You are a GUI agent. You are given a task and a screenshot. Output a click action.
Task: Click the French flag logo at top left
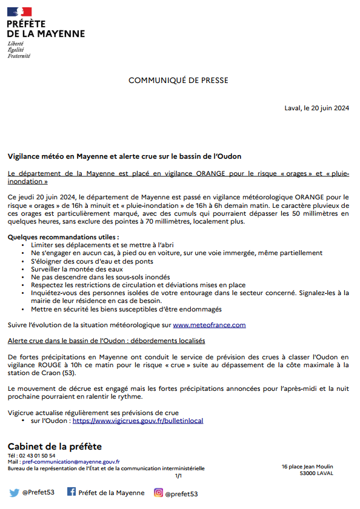pyautogui.click(x=19, y=12)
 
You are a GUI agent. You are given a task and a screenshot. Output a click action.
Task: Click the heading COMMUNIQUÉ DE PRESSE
pyautogui.click(x=178, y=81)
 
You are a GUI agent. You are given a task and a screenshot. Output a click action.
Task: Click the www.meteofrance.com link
pyautogui.click(x=209, y=325)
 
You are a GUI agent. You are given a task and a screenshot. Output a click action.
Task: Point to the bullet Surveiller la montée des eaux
pyautogui.click(x=77, y=268)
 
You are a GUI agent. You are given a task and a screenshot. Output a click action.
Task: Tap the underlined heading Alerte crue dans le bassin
pyautogui.click(x=106, y=341)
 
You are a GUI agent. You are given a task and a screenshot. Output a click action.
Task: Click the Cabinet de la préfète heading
pyautogui.click(x=55, y=447)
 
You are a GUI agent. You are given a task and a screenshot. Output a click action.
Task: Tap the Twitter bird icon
pyautogui.click(x=14, y=493)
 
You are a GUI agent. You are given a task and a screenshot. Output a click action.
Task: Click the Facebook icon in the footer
pyautogui.click(x=71, y=492)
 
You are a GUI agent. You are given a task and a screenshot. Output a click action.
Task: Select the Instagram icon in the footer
pyautogui.click(x=158, y=493)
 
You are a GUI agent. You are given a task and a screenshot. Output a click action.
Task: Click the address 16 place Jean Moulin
pyautogui.click(x=307, y=466)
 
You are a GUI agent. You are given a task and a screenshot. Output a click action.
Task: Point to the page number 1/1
pyautogui.click(x=178, y=476)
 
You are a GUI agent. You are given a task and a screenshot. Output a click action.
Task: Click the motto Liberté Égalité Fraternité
pyautogui.click(x=19, y=50)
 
